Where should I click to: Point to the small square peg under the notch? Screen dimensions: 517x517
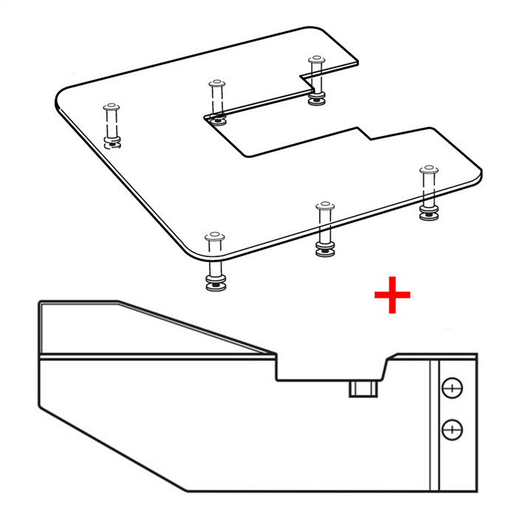coord(363,388)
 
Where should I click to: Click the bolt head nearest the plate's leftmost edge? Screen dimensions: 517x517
coord(111,106)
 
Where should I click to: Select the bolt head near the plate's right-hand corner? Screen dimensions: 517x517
coord(428,171)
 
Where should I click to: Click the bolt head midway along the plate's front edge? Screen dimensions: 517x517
coord(323,206)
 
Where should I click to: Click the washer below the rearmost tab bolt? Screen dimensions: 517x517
coord(317,100)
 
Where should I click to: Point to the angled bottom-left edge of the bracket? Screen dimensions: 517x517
coord(111,451)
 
